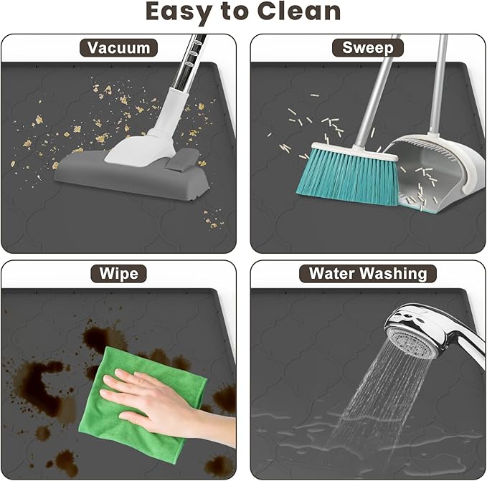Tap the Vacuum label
[118, 48]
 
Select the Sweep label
[368, 48]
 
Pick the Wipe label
[118, 273]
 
